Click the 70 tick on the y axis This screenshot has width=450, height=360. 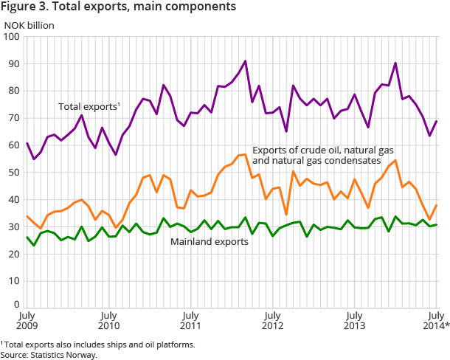[14, 118]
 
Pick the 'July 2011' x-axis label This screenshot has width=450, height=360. [190, 322]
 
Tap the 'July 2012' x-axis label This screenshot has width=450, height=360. [273, 322]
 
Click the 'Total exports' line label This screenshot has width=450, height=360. [89, 107]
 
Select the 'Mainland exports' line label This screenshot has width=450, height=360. [208, 240]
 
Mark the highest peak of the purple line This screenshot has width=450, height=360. [245, 60]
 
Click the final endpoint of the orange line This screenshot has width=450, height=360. [437, 205]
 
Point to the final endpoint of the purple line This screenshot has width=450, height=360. [437, 121]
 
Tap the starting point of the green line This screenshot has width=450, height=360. [26, 237]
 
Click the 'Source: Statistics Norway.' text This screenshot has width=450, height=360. [49, 355]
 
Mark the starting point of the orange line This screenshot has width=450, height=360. [26, 216]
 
